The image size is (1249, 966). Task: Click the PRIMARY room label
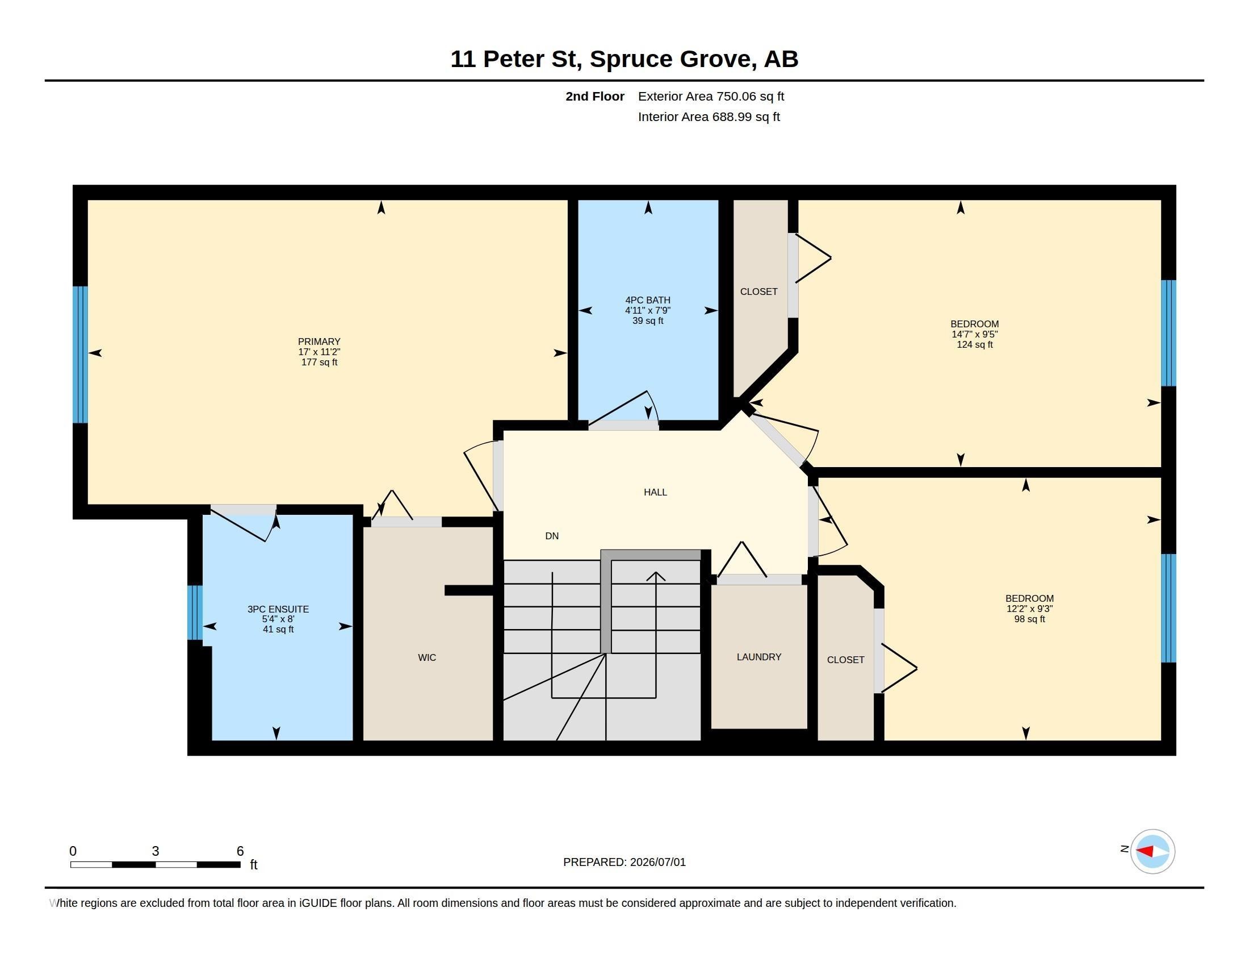coord(319,342)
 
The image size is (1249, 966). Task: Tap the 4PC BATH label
coord(647,300)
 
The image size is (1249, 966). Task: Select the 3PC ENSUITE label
coord(278,609)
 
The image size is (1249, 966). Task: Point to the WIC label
coord(426,657)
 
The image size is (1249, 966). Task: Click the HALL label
coord(655,492)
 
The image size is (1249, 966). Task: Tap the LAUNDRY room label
coord(759,657)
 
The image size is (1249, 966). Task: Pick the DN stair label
coord(552,536)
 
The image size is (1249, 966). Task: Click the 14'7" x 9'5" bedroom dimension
coord(974,334)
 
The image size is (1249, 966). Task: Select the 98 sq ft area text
coord(1029,619)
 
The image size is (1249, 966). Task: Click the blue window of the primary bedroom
coord(80,354)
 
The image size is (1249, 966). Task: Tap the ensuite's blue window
coord(195,613)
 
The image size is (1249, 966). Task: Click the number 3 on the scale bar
coord(155,851)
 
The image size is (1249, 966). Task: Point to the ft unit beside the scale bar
coord(254,865)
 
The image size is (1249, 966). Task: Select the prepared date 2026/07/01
coord(657,863)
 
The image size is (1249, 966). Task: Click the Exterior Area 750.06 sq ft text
coord(711,96)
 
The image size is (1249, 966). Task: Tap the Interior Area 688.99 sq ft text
coord(709,116)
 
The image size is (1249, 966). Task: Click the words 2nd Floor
coord(595,96)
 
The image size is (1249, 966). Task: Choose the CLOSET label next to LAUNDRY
coord(845,660)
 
